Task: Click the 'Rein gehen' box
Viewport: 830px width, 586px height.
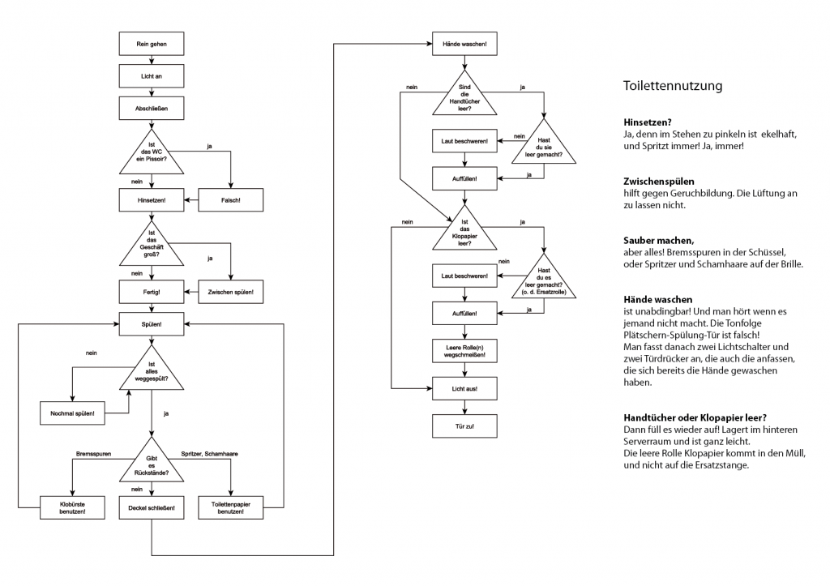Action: [152, 45]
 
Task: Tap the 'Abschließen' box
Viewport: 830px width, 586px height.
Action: [152, 106]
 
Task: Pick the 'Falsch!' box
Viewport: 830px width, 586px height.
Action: [231, 199]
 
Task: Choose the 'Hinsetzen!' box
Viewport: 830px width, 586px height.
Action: [152, 199]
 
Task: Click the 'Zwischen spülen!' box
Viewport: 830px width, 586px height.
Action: [231, 291]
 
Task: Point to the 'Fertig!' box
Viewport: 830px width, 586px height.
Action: [152, 291]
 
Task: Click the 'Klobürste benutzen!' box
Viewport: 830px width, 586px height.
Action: [73, 508]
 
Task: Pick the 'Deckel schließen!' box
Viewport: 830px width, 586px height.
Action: [152, 508]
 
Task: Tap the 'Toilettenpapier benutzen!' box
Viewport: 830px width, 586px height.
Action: [231, 508]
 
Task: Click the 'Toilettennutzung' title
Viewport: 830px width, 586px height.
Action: [673, 85]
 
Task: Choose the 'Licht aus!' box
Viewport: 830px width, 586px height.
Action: [464, 389]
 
